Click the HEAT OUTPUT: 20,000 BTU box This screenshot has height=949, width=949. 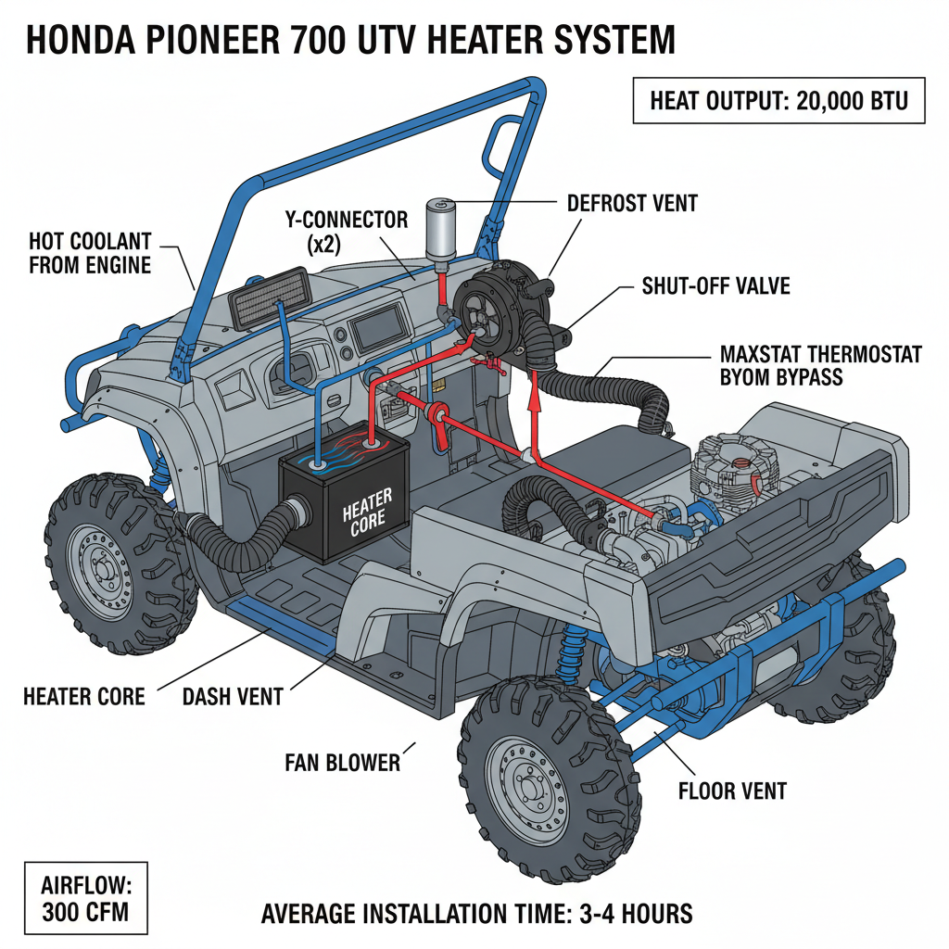click(x=779, y=99)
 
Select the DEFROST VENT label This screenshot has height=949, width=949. click(x=631, y=202)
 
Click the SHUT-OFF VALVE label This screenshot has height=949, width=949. click(x=715, y=285)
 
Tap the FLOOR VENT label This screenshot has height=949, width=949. click(x=732, y=791)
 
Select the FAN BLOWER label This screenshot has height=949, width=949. click(x=342, y=763)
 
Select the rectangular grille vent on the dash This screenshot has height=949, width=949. click(x=267, y=294)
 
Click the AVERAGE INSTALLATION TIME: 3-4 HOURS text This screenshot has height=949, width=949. click(x=476, y=913)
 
